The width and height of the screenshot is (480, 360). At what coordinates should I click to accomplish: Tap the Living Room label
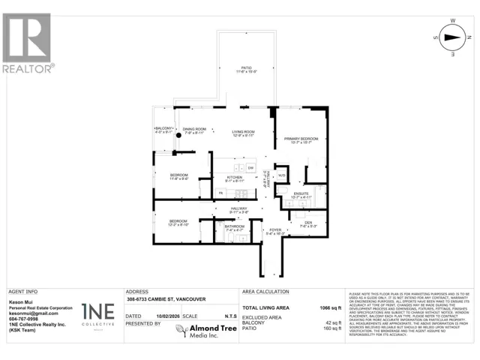(x=244, y=133)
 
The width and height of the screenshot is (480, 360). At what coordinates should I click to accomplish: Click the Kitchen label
(x=236, y=178)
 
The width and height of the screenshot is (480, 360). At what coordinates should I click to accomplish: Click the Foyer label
(x=274, y=231)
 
